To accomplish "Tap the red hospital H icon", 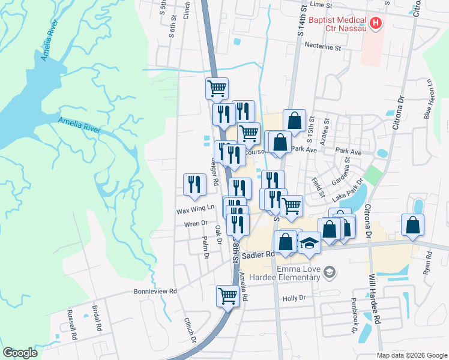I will (376, 23).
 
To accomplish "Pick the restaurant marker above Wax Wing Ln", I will (194, 184).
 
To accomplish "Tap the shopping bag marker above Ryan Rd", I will (413, 225).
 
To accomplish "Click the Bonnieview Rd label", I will (155, 292).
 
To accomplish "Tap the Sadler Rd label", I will (262, 254).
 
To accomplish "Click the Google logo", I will (20, 353).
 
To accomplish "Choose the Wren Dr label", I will (196, 223).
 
